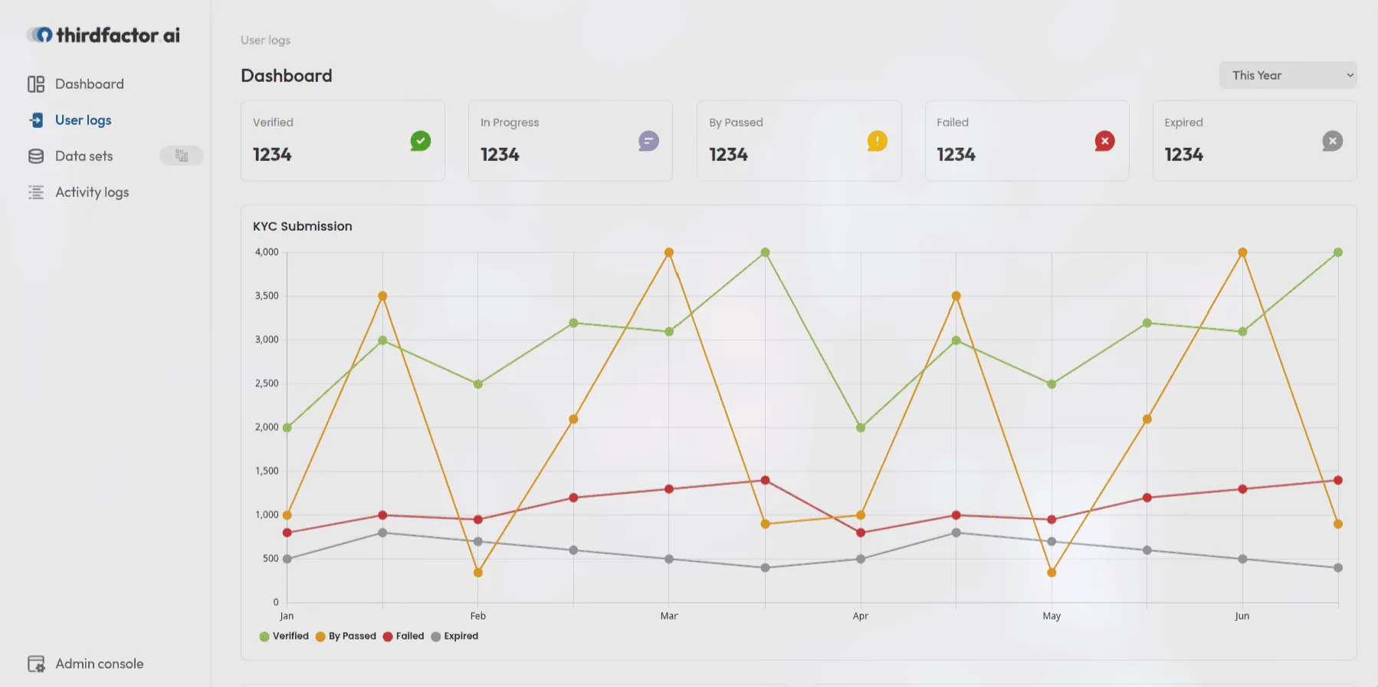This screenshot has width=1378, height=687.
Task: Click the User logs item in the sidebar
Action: tap(83, 120)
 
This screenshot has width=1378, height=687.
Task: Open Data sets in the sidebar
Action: tap(84, 156)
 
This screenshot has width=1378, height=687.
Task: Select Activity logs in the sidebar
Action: tap(91, 192)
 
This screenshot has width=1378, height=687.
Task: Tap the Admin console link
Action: tap(99, 664)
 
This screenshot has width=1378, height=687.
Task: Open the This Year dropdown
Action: tap(1288, 75)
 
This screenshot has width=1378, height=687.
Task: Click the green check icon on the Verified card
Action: tap(420, 141)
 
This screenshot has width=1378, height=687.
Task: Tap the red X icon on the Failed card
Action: tap(1104, 141)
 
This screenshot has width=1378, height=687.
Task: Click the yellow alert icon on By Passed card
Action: tap(877, 141)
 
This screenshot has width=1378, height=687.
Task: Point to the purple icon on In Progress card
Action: tap(648, 141)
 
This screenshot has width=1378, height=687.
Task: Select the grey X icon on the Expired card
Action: tap(1332, 141)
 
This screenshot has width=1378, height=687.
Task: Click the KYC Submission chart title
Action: tap(303, 226)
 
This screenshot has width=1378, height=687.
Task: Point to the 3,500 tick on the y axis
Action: tap(267, 296)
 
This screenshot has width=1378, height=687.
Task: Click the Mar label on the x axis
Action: tap(669, 616)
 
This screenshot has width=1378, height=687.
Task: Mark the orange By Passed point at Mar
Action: tap(669, 252)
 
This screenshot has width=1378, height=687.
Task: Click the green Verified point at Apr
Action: tap(861, 428)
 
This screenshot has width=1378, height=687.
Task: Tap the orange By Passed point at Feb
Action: tap(478, 573)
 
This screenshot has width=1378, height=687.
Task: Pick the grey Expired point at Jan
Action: tap(287, 559)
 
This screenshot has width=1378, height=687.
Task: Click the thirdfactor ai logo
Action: tap(103, 35)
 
